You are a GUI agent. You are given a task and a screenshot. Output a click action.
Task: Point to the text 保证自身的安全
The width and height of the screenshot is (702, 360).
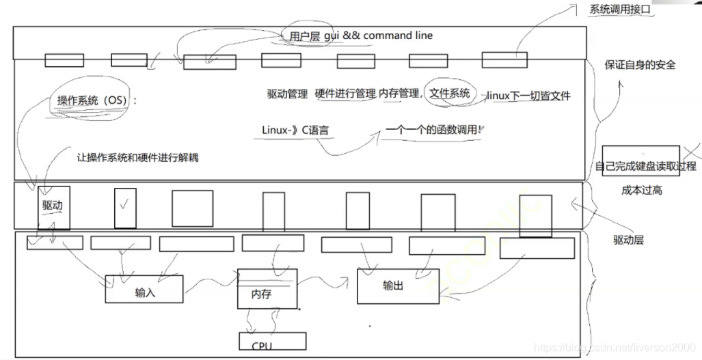coord(640,65)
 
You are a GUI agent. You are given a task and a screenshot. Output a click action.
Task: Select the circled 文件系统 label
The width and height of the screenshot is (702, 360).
coord(449,94)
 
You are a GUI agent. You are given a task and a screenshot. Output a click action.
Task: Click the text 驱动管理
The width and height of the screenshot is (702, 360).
coord(287,95)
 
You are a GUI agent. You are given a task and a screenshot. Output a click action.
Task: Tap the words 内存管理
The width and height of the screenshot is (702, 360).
coord(399,94)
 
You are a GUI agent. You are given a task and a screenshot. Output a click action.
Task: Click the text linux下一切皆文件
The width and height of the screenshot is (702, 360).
coord(528,96)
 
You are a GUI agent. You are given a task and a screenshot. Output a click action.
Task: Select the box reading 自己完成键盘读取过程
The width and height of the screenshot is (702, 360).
coord(645,166)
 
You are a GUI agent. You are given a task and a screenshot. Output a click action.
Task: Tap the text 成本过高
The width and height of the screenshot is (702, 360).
coord(642,190)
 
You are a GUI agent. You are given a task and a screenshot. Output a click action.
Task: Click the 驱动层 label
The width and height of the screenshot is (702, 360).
coord(628,240)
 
